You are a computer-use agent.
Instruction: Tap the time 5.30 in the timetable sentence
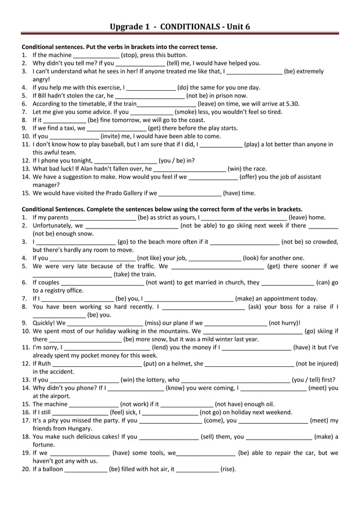(293, 104)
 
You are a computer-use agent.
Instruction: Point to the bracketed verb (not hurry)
(284, 323)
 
